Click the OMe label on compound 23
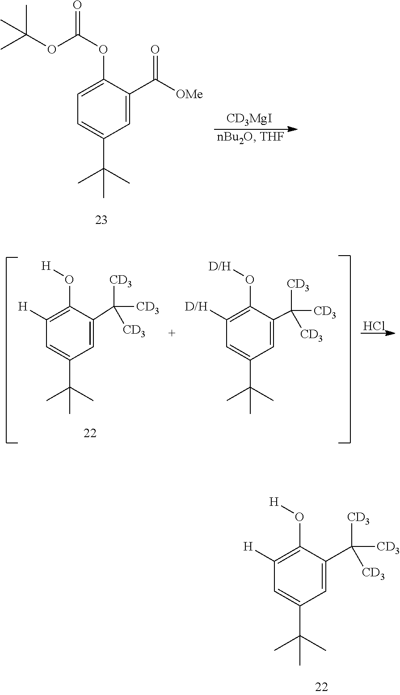click(x=189, y=94)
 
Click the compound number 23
click(x=101, y=220)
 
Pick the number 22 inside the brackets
click(x=90, y=433)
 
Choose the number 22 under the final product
click(x=321, y=687)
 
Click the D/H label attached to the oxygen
click(x=220, y=267)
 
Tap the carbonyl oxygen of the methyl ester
click(x=155, y=50)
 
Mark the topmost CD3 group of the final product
click(x=358, y=517)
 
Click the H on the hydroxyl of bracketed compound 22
click(x=46, y=267)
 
